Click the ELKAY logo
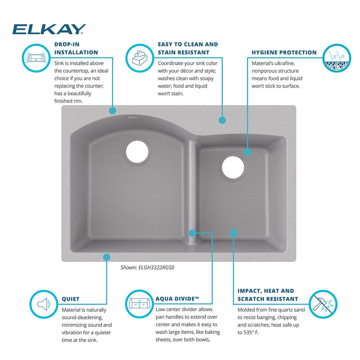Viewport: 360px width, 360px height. coord(49,29)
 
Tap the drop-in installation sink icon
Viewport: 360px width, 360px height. coord(36,58)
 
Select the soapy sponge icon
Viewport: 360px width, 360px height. coord(140,58)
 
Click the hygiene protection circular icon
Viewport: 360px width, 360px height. coord(337,58)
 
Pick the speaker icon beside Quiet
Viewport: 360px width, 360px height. coord(44,304)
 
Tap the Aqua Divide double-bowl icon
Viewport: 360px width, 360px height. coord(139,304)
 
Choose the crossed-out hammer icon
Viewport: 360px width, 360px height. coord(323,304)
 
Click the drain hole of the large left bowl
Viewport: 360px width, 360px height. coord(137,152)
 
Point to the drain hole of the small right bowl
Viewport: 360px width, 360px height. coord(233,167)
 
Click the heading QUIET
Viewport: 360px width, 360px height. coord(71,299)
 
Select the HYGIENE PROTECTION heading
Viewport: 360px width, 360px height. coord(284,52)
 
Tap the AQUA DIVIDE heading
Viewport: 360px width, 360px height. coord(177,299)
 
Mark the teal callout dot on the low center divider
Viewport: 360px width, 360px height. coord(192,233)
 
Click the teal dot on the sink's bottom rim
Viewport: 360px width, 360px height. coord(107,257)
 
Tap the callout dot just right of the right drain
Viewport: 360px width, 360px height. coord(248,152)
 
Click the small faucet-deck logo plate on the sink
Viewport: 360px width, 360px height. coord(133,118)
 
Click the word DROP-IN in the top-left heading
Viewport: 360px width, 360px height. coord(67,44)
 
